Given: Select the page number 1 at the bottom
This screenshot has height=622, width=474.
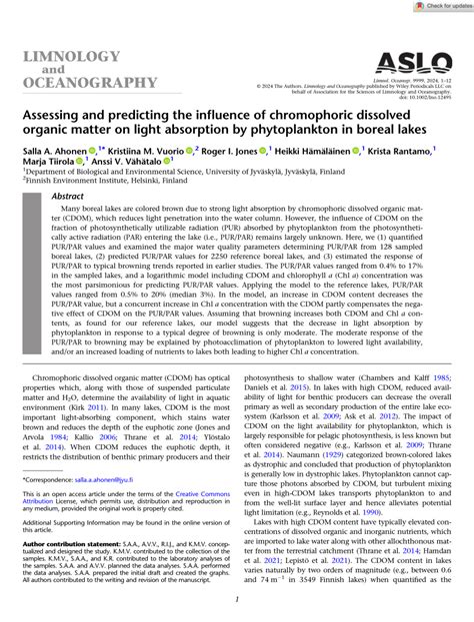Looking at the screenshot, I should [237, 600].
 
